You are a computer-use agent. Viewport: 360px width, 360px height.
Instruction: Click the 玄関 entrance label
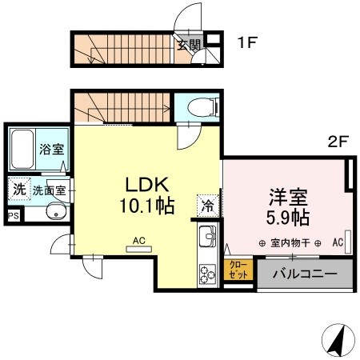point(189,45)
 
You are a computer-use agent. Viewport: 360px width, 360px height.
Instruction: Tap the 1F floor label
point(246,43)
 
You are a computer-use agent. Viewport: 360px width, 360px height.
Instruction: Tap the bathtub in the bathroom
point(24,148)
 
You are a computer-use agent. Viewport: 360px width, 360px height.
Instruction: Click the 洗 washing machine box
point(18,190)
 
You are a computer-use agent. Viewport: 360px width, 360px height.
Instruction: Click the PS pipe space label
point(13,216)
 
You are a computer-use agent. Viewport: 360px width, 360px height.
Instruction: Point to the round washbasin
point(55,213)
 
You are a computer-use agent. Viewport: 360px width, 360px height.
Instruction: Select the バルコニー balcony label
point(303,272)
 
